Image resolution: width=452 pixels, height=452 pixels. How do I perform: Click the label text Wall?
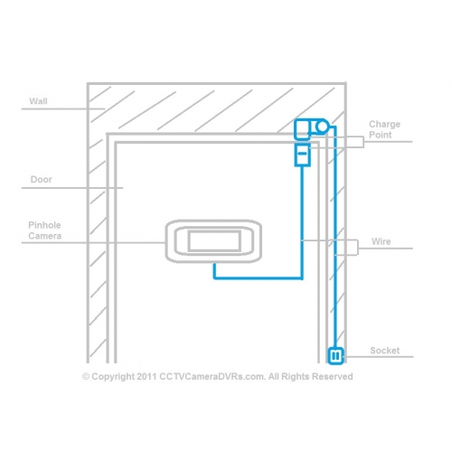point(38,101)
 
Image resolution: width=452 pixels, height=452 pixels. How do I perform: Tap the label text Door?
point(42,179)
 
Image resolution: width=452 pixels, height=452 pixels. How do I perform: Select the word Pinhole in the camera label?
point(44,225)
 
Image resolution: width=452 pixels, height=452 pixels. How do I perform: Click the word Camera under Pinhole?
point(45,236)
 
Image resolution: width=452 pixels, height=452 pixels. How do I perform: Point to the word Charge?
point(385,125)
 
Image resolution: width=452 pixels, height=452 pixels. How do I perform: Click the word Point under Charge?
point(381,135)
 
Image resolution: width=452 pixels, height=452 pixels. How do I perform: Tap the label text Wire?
point(381,241)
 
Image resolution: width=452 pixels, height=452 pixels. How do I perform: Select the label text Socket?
point(385,351)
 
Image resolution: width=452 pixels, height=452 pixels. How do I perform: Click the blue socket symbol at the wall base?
point(335,356)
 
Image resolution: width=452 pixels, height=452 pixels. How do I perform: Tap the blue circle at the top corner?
point(322,127)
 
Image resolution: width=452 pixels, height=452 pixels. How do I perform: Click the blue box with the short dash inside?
point(302,155)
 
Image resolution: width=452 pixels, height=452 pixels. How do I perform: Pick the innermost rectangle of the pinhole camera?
point(214,241)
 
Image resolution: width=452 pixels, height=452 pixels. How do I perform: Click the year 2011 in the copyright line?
point(146,377)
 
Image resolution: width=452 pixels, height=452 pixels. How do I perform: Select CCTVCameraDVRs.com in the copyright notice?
point(212,377)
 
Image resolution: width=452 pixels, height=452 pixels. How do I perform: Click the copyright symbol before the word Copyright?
point(86,377)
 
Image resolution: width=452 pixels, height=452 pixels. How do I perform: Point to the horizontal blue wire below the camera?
point(258,278)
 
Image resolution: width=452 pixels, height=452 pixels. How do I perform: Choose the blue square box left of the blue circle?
point(302,129)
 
